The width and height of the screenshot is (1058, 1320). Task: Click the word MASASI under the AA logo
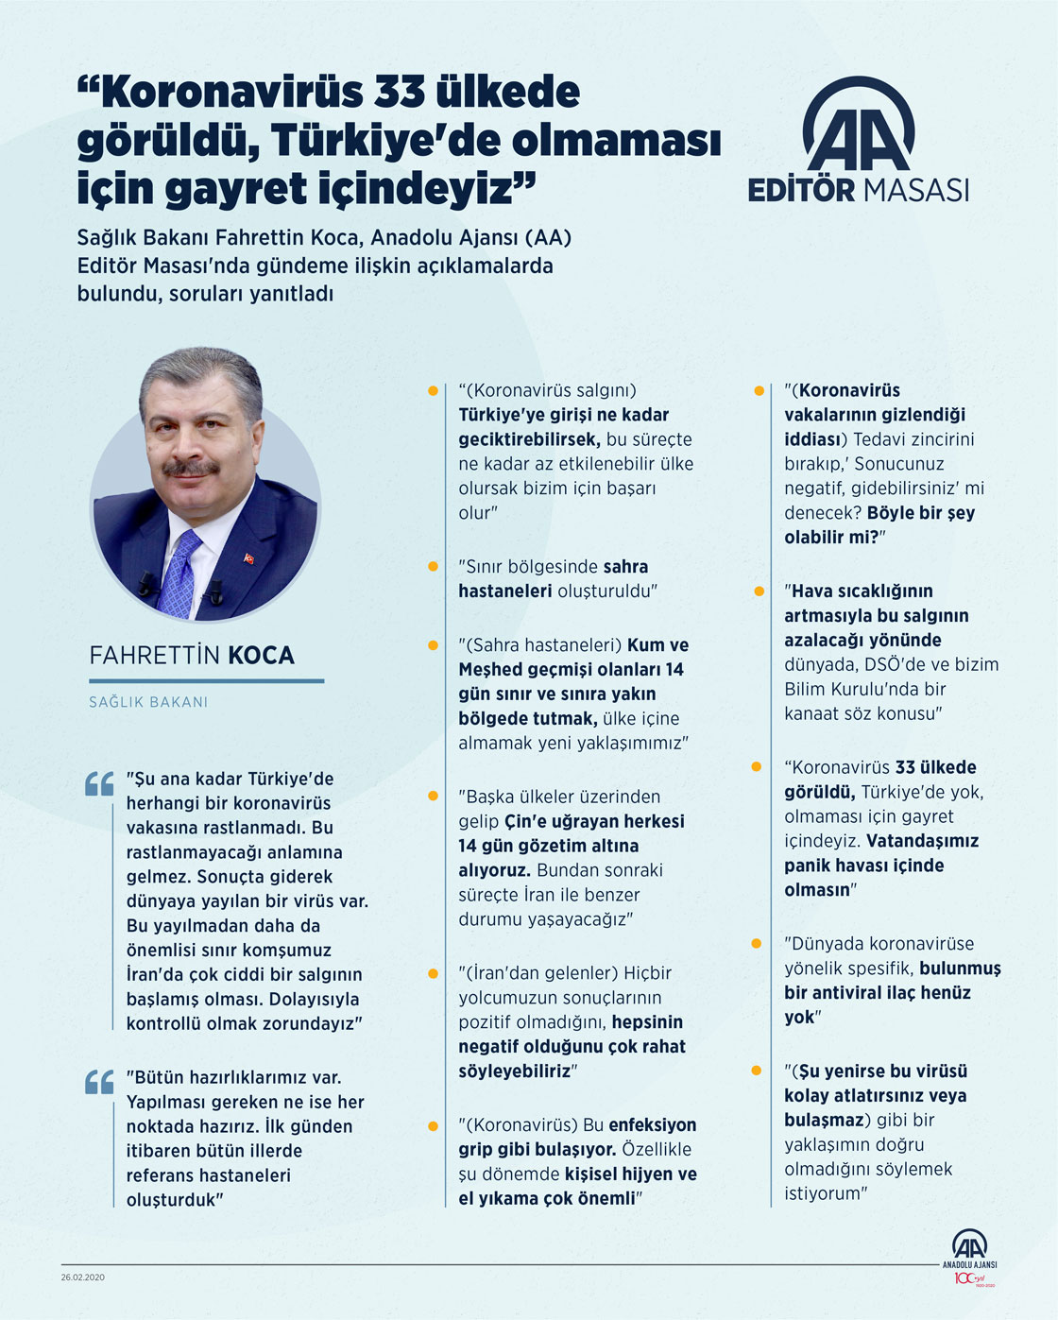pyautogui.click(x=913, y=190)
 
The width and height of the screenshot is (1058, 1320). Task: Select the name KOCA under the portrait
pyautogui.click(x=262, y=656)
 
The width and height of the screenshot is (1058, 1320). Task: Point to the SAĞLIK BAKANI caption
pyautogui.click(x=148, y=702)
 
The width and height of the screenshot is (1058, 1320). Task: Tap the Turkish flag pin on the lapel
pyautogui.click(x=249, y=558)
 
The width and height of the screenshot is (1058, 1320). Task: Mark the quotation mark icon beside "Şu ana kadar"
pyautogui.click(x=99, y=784)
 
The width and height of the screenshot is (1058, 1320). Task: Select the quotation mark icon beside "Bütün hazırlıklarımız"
pyautogui.click(x=99, y=1082)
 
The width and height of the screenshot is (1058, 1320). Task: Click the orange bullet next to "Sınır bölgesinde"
pyautogui.click(x=433, y=567)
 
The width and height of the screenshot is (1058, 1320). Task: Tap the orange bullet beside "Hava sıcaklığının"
pyautogui.click(x=759, y=591)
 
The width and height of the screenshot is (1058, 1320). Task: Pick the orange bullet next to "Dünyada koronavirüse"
pyautogui.click(x=757, y=944)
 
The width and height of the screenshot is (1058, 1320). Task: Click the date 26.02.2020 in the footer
pyautogui.click(x=83, y=1277)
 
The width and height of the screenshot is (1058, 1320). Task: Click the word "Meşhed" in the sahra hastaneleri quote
pyautogui.click(x=491, y=670)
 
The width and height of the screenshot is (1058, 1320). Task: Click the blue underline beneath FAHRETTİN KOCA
pyautogui.click(x=206, y=680)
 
